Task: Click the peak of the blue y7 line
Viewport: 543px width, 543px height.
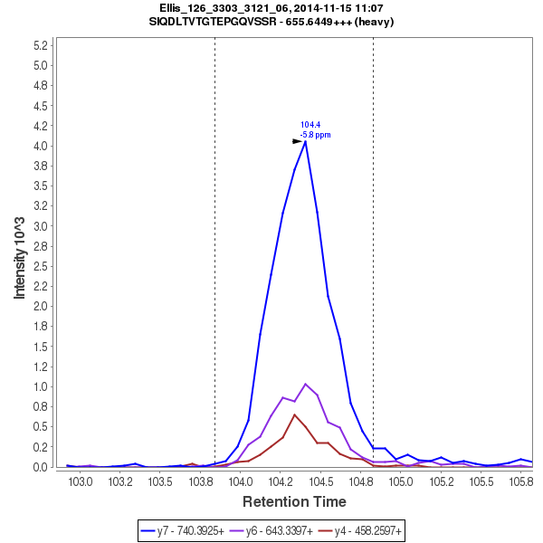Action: pyautogui.click(x=306, y=141)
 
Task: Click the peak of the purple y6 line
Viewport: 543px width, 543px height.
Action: pyautogui.click(x=306, y=384)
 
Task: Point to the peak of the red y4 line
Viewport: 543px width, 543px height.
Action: pyautogui.click(x=294, y=414)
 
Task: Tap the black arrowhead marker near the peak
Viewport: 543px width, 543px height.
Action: pyautogui.click(x=297, y=141)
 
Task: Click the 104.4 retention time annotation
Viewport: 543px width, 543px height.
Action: pyautogui.click(x=310, y=125)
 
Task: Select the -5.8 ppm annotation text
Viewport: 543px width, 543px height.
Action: pyautogui.click(x=315, y=135)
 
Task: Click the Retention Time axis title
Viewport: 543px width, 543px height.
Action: pyautogui.click(x=293, y=501)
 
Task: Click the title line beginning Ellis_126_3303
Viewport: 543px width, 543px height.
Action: pyautogui.click(x=271, y=8)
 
